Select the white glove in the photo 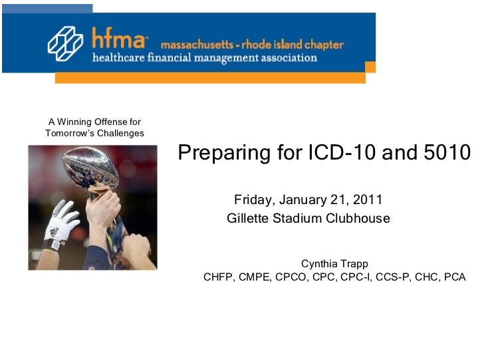(x=60, y=223)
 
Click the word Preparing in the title (x=223, y=154)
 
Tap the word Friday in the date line (x=253, y=200)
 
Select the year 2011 (x=367, y=200)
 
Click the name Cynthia (x=320, y=264)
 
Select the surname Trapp (x=354, y=264)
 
